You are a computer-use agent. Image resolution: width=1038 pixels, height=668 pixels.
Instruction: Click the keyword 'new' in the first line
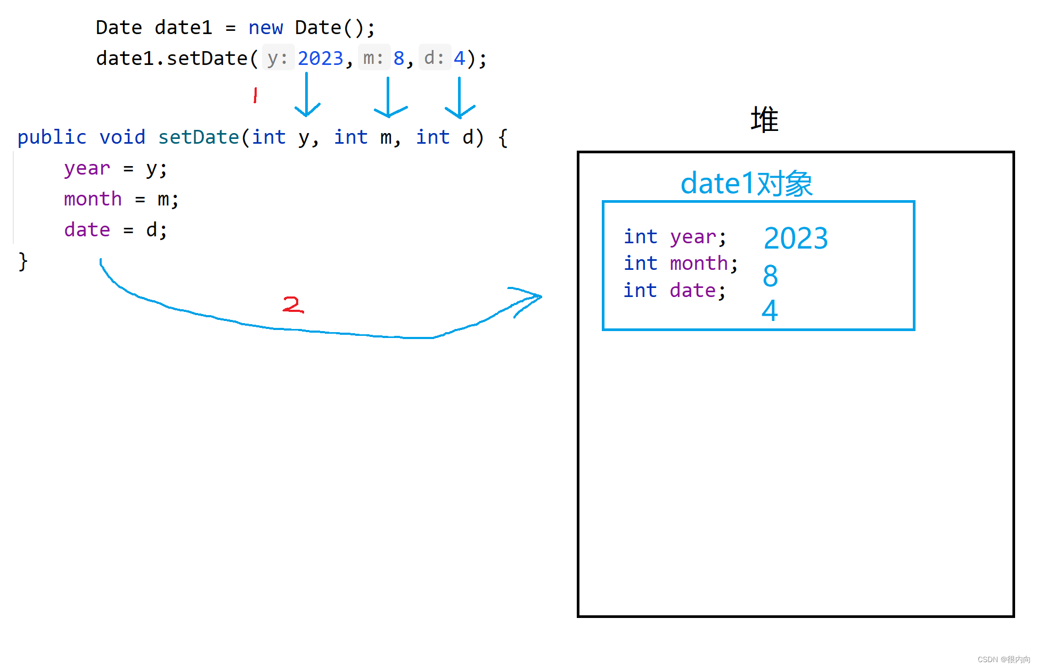tap(265, 28)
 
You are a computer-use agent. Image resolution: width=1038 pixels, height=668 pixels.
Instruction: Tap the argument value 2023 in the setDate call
tap(320, 58)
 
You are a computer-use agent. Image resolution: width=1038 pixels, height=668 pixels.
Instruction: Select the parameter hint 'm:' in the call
tap(373, 58)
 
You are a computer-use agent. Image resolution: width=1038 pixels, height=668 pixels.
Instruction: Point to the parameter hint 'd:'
tap(434, 58)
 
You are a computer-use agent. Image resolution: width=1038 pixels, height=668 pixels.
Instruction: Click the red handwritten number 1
tap(256, 95)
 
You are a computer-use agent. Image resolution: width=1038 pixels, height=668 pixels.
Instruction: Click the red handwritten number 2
tap(292, 304)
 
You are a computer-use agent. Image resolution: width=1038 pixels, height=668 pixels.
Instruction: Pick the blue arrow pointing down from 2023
tap(307, 96)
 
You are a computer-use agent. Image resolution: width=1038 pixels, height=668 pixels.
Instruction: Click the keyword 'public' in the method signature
tap(52, 137)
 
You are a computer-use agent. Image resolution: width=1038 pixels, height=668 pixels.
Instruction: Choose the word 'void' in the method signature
tap(122, 137)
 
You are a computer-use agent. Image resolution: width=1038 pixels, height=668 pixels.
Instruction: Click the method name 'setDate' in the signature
tap(199, 137)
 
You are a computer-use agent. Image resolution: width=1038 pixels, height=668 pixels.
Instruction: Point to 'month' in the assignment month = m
tap(93, 199)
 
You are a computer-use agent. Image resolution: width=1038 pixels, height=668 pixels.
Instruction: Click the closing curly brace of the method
tap(23, 261)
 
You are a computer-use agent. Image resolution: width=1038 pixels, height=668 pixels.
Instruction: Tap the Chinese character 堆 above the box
tap(764, 119)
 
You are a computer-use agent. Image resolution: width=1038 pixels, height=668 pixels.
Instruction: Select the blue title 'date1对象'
tap(746, 184)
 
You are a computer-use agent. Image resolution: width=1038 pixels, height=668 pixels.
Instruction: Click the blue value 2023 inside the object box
tap(796, 238)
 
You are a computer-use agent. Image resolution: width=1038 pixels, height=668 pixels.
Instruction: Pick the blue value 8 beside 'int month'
tap(770, 276)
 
